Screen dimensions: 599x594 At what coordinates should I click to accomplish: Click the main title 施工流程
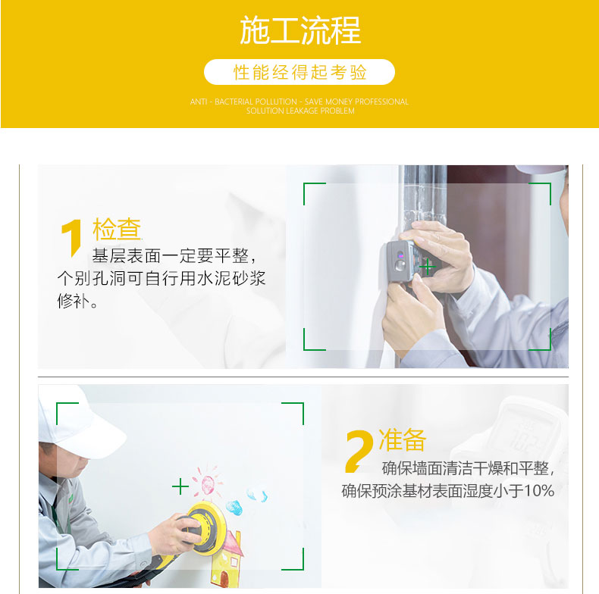tap(300, 30)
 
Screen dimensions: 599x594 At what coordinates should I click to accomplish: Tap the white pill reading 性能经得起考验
tap(299, 72)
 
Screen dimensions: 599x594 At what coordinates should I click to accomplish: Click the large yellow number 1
tap(71, 238)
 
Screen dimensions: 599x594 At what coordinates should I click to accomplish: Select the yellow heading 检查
tap(117, 229)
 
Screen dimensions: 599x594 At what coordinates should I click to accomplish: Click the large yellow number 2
tap(359, 451)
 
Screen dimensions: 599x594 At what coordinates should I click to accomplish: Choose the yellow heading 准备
tap(403, 439)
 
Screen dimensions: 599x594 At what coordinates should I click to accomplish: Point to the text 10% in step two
tap(539, 491)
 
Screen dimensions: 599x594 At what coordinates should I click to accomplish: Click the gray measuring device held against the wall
tap(401, 261)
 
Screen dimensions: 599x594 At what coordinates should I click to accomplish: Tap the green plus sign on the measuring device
tap(428, 267)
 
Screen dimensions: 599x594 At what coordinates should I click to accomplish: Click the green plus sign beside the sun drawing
tap(180, 486)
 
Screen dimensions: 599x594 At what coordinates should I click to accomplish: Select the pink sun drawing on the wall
tap(208, 482)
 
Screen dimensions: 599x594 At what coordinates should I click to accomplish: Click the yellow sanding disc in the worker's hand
tap(205, 527)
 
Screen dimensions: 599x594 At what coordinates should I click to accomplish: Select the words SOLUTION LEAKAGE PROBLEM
tap(300, 111)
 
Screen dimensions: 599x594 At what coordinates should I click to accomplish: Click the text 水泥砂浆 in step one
tap(231, 278)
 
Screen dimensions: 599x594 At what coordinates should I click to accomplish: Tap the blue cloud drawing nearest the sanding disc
tap(234, 508)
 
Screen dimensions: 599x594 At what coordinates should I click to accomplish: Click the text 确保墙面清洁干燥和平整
tap(466, 468)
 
